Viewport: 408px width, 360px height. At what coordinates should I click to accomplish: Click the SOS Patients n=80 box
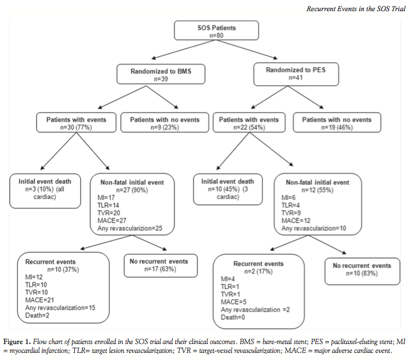pos(216,31)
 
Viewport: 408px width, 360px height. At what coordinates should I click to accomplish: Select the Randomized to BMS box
pos(161,74)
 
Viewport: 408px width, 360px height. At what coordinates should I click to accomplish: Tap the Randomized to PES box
pos(296,74)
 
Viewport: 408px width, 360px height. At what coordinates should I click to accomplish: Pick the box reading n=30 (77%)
pos(76,122)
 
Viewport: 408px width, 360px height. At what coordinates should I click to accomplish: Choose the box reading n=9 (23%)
pos(164,122)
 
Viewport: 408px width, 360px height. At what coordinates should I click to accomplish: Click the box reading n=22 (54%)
pos(249,122)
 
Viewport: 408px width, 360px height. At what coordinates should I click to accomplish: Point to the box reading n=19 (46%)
pos(337,122)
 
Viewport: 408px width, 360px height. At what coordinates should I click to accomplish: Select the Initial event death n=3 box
pos(45,191)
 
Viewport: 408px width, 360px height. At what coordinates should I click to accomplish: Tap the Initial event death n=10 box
pos(228,189)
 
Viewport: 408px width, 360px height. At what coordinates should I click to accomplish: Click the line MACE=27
pos(112,221)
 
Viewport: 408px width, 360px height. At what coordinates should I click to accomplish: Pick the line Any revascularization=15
pos(60,307)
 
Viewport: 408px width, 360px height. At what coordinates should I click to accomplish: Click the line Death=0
pos(233,318)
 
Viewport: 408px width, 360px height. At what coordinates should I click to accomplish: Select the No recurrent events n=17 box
pos(160,266)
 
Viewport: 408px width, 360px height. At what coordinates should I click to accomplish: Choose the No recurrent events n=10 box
pos(362,271)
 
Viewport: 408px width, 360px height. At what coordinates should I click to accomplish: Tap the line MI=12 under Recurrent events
pos(34,277)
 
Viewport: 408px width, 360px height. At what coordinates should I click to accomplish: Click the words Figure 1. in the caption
pos(17,342)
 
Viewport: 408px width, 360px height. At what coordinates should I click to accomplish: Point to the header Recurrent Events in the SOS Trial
pos(356,9)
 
